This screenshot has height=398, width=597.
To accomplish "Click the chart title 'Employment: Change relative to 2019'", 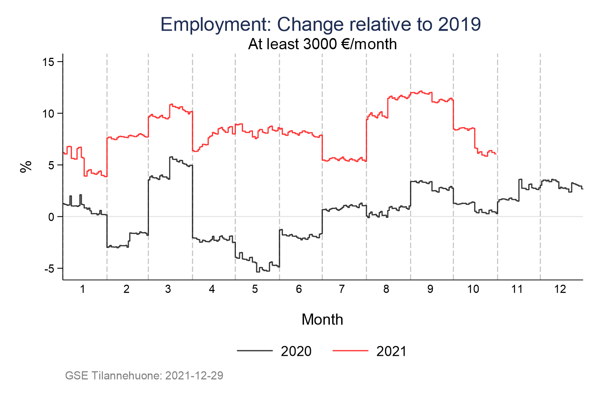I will [321, 25].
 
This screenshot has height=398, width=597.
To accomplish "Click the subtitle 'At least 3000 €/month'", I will [322, 44].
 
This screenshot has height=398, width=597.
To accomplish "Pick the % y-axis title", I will [26, 167].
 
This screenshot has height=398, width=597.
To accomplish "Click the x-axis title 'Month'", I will [322, 320].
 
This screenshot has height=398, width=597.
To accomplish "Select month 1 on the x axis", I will [82, 289].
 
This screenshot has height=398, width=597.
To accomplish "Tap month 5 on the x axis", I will [255, 289].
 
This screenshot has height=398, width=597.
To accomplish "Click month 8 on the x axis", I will [386, 289].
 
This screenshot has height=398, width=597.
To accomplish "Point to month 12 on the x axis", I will [560, 289].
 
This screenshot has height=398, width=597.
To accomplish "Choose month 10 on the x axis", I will [473, 289].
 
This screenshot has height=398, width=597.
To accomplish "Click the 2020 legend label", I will [296, 351].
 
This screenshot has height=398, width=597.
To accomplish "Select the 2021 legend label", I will [391, 351].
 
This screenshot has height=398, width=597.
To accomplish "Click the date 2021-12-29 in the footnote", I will [194, 376].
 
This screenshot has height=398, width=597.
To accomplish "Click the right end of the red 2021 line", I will [496, 154].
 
